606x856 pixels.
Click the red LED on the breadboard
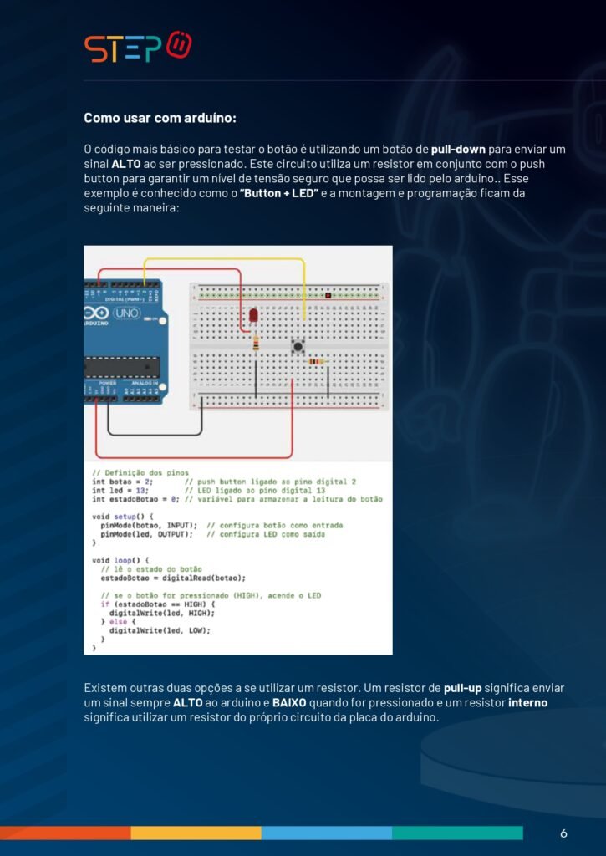(252, 315)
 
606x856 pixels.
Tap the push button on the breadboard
(297, 345)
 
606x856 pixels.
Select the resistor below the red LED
(255, 341)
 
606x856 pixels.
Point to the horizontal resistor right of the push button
(315, 361)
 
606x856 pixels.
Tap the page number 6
(563, 833)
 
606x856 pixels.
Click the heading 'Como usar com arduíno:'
(160, 118)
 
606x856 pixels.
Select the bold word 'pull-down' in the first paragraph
(458, 149)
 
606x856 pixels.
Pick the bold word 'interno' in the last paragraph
(527, 703)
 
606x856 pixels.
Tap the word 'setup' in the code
(124, 517)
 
